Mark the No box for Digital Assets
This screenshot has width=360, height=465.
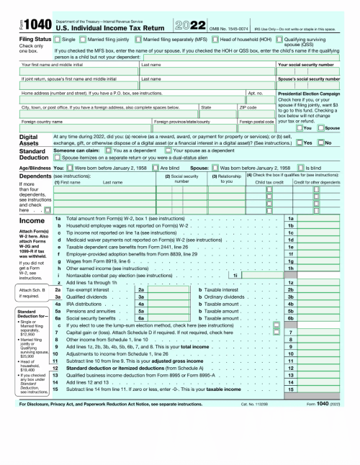(x=322, y=143)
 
